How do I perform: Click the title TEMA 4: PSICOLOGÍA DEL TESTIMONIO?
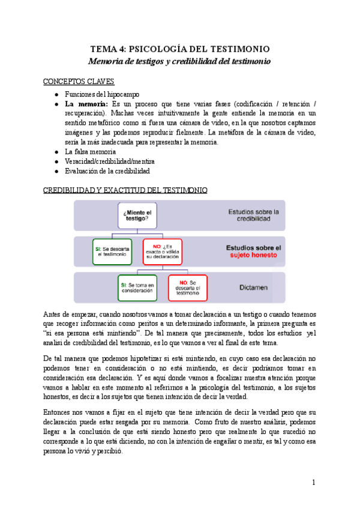[x=179, y=49]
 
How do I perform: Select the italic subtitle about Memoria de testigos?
[x=179, y=61]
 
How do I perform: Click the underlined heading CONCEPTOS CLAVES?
[x=79, y=81]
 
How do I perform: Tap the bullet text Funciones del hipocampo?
[x=102, y=94]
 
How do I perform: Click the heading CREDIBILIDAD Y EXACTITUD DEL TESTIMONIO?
[x=126, y=191]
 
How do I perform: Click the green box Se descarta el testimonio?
[x=112, y=251]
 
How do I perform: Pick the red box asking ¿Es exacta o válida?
[x=163, y=251]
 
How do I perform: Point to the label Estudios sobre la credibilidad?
[x=253, y=215]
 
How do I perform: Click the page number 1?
[x=314, y=483]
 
